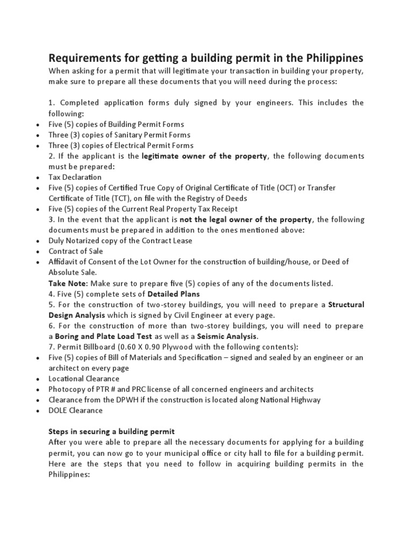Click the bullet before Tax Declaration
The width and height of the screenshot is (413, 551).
(x=37, y=178)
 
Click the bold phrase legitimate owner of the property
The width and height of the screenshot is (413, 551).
(x=204, y=156)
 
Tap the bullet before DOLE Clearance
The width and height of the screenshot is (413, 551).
(x=37, y=411)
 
